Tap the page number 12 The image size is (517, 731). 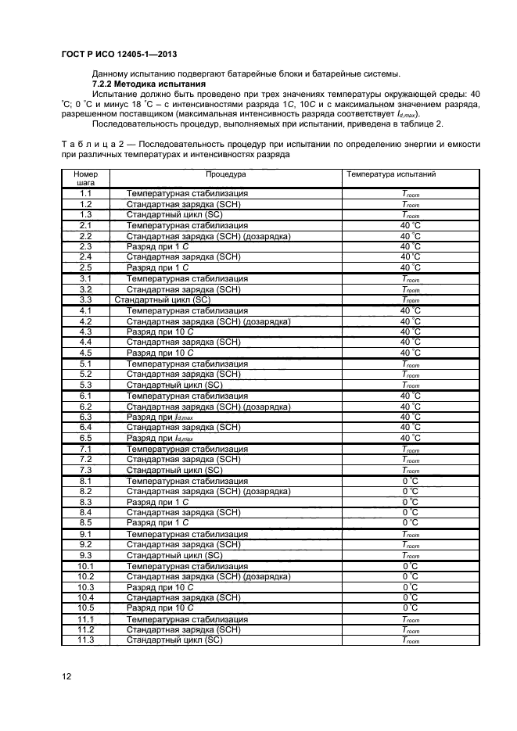[x=66, y=675]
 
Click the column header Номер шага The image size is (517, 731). [x=85, y=178]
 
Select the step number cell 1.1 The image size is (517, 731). [x=86, y=193]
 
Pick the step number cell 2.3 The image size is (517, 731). [x=86, y=246]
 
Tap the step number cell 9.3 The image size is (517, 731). [x=86, y=555]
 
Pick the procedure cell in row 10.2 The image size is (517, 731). [x=208, y=576]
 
